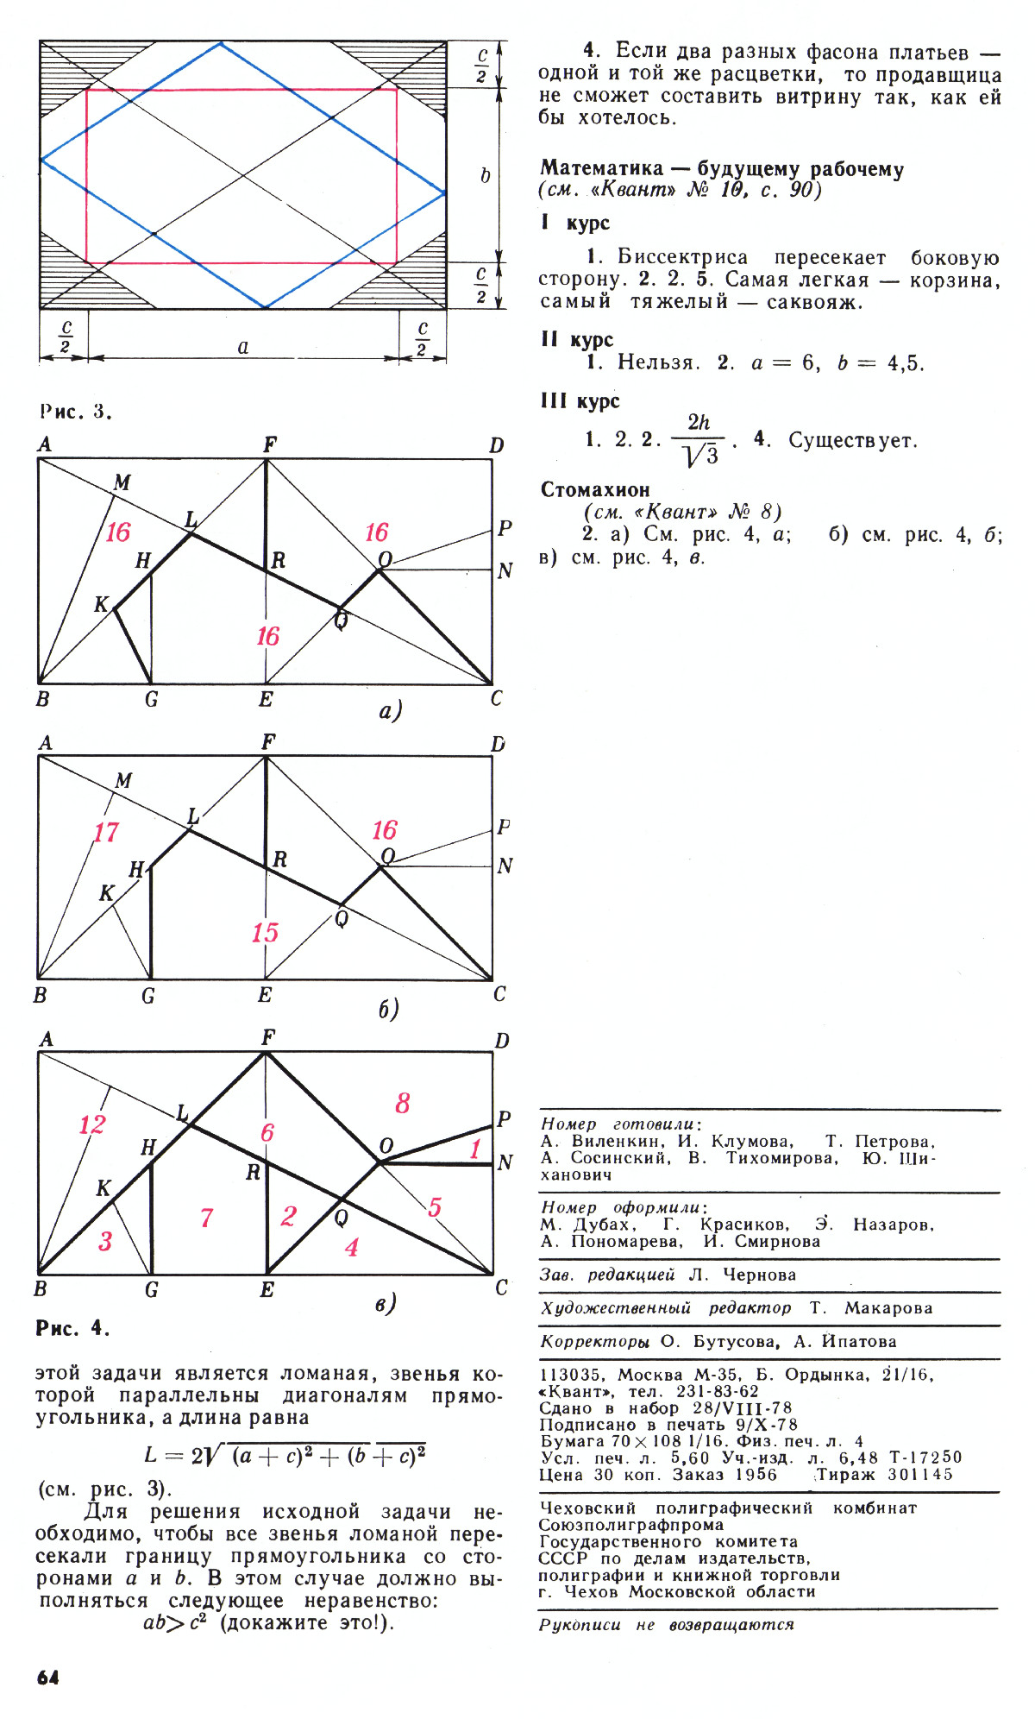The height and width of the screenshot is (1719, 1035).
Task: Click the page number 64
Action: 48,1677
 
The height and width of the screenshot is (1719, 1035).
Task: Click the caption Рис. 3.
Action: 76,411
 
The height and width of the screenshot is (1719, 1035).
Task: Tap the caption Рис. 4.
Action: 72,1327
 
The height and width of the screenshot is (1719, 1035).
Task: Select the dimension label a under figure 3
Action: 243,347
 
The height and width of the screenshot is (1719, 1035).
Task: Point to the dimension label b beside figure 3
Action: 485,175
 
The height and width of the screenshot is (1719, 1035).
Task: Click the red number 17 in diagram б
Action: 106,833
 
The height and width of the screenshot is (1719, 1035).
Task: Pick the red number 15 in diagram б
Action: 265,933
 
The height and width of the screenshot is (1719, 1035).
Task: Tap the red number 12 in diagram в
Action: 91,1124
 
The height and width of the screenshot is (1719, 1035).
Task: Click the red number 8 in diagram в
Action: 403,1103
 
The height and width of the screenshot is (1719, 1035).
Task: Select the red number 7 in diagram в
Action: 206,1218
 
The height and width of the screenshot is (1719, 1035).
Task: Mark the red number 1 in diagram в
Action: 474,1149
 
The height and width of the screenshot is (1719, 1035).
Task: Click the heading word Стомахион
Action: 595,490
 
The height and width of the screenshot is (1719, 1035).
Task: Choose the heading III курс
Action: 580,401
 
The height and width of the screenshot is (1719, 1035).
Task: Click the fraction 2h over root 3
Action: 699,440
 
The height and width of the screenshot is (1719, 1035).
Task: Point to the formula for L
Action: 285,1455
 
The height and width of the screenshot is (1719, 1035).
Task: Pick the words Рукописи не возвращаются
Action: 666,1625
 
